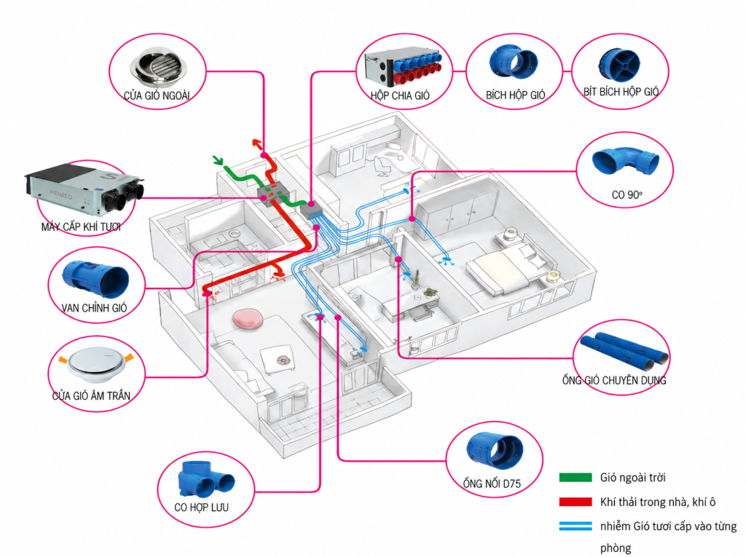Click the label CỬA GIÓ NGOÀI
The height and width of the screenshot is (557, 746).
157,95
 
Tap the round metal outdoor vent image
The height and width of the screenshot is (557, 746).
158,66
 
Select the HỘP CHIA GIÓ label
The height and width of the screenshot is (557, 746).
400,95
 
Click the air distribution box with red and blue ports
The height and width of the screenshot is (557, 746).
402,67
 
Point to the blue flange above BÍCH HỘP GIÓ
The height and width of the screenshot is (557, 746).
514,62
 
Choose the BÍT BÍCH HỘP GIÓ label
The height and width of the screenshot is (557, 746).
621,91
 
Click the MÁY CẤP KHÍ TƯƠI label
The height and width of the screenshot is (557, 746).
81,226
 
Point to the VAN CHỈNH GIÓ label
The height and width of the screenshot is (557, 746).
94,308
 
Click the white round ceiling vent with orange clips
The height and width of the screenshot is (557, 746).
97,365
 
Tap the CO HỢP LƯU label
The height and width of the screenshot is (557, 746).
201,507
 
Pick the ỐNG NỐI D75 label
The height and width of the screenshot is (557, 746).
492,483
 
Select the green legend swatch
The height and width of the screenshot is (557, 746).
576,477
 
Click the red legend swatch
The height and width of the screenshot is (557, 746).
576,502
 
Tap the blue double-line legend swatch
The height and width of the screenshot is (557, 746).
576,526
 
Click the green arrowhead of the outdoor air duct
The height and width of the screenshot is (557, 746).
217,159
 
